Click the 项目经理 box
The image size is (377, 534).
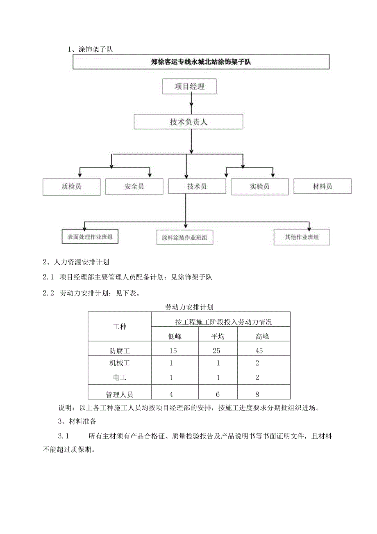click(x=189, y=87)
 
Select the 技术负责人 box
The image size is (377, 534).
click(x=188, y=122)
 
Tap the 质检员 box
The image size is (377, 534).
click(x=71, y=186)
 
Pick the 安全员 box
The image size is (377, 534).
click(x=134, y=186)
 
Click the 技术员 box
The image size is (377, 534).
click(x=197, y=186)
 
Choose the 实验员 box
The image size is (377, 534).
click(x=260, y=186)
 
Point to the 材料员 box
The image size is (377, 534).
click(x=322, y=186)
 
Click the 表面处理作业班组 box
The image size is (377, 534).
click(x=90, y=237)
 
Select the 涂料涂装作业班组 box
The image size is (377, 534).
click(x=185, y=238)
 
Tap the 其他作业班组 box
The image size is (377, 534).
click(x=302, y=237)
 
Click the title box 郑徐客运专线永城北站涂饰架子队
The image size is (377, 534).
click(x=201, y=62)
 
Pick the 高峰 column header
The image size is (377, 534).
click(x=262, y=337)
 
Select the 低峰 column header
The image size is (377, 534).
click(x=175, y=337)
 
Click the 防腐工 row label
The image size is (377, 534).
click(x=120, y=351)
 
